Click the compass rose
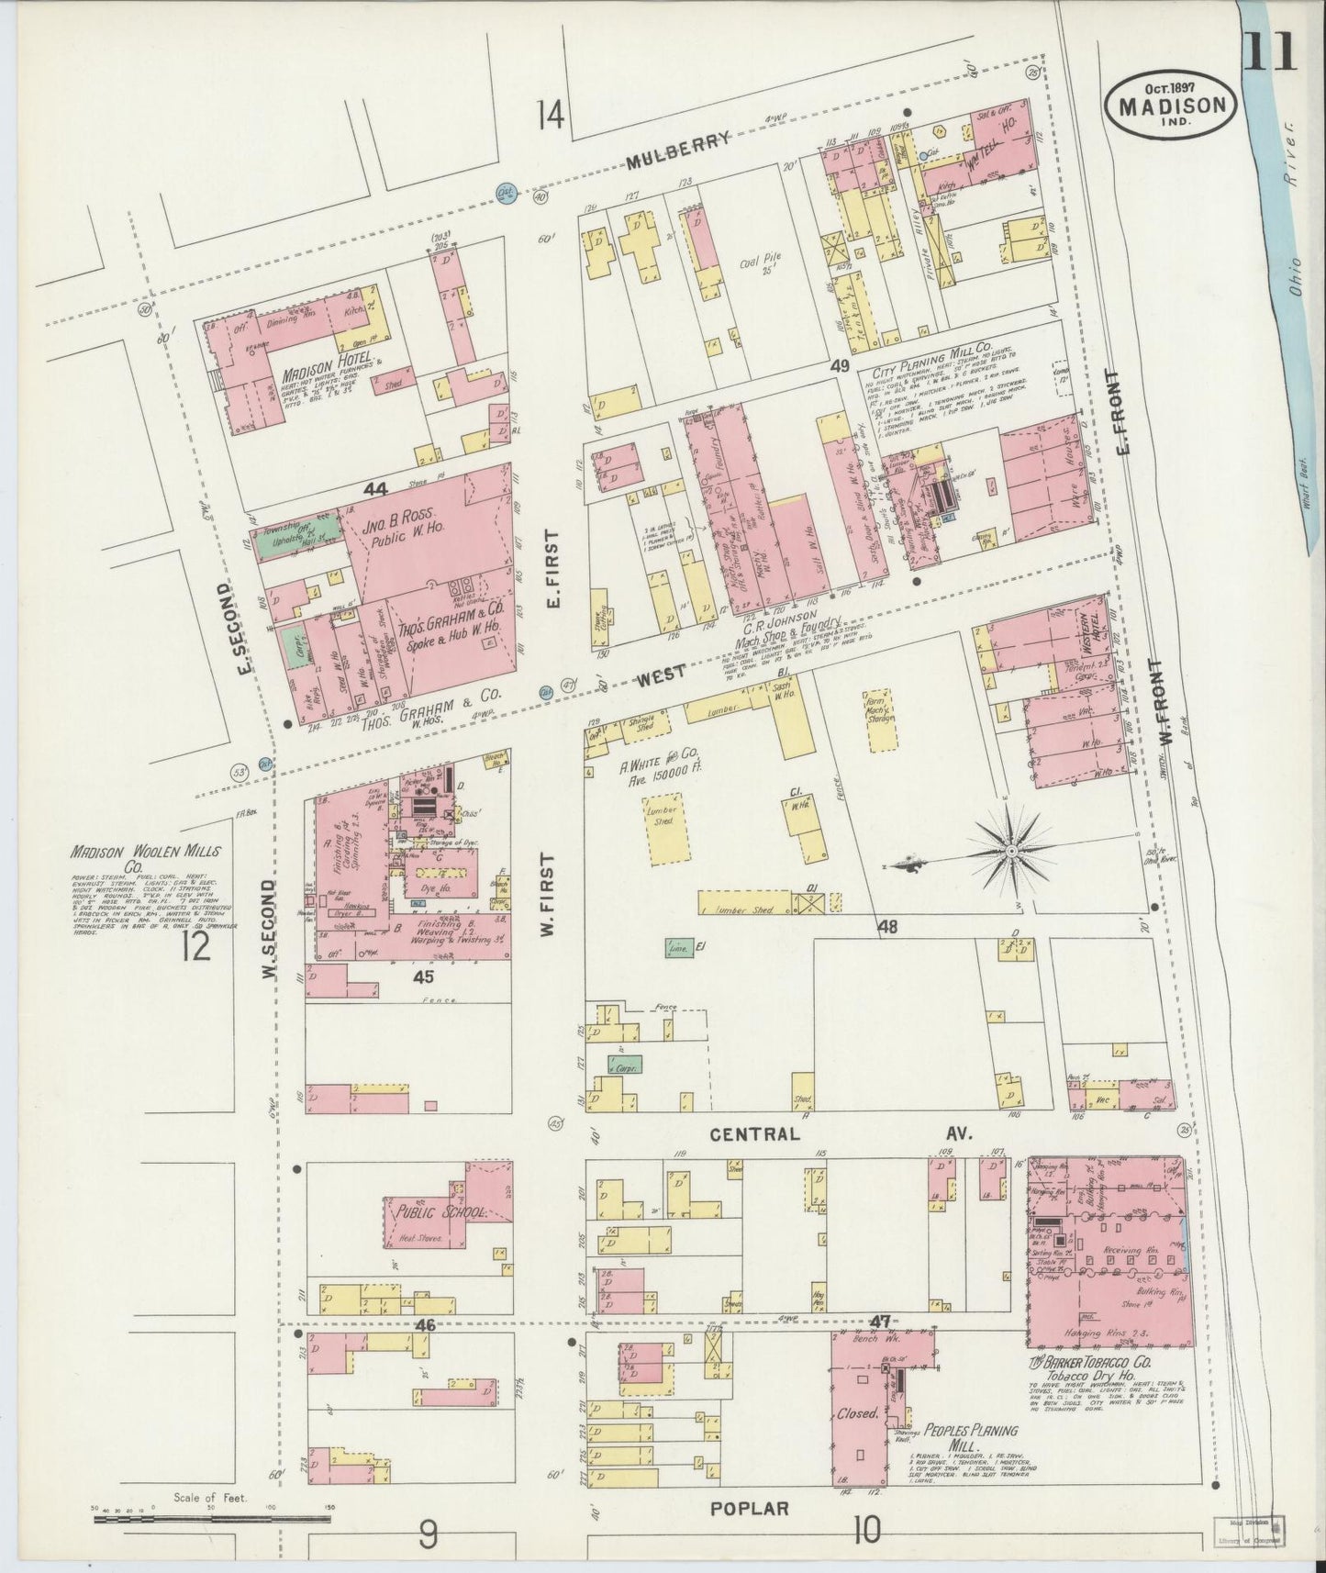click(1009, 852)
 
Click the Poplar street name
click(750, 1508)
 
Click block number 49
click(839, 365)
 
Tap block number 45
click(422, 977)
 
